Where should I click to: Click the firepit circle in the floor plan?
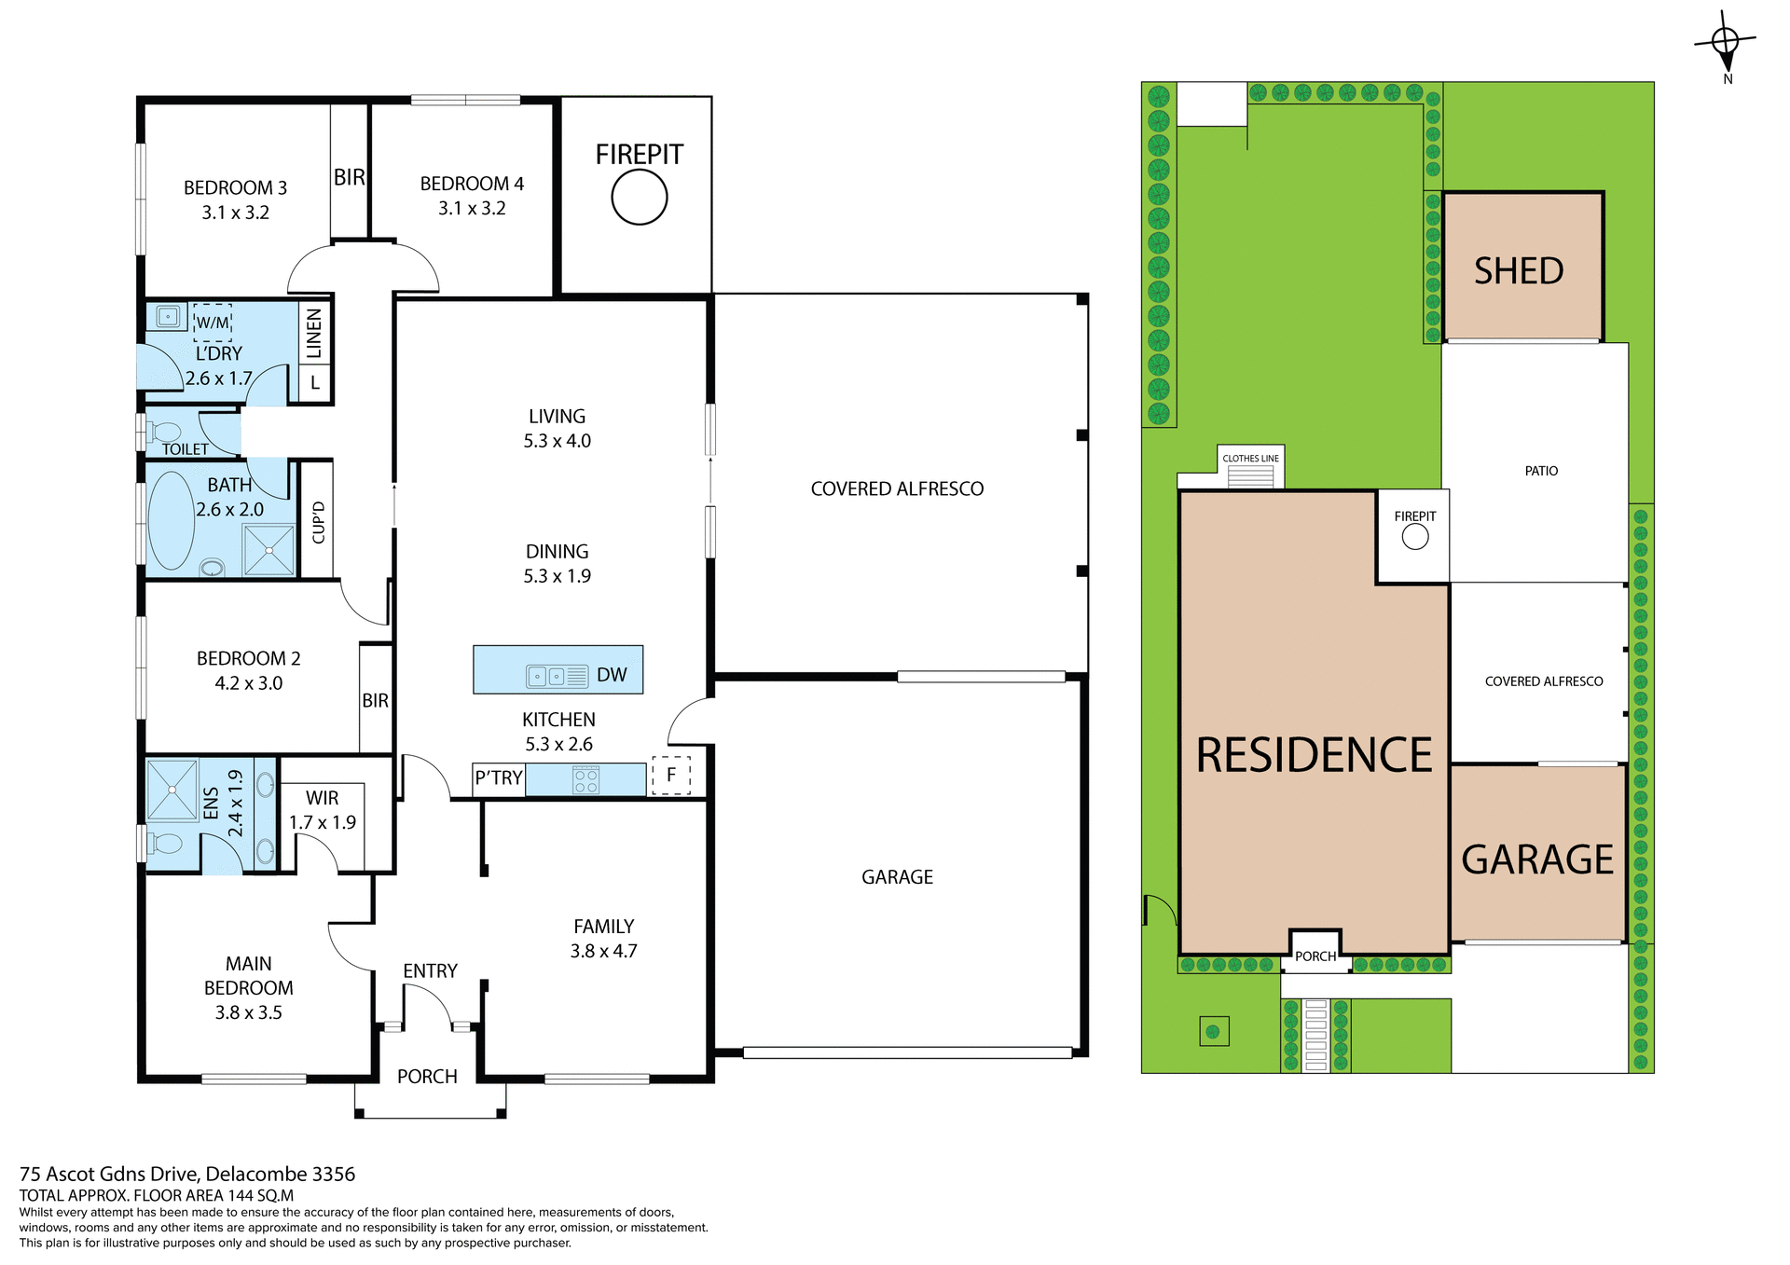pos(640,198)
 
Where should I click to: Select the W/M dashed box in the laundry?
pos(212,322)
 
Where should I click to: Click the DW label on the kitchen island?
pos(612,675)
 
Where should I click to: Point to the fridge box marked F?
pos(671,776)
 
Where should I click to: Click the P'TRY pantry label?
pos(499,777)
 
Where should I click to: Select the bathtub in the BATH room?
pos(171,520)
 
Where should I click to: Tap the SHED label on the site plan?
pos(1519,271)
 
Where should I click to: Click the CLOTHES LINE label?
pos(1250,459)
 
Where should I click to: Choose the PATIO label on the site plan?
pos(1541,471)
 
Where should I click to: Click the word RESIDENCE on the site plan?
pos(1313,755)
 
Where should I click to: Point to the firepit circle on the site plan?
pos(1415,537)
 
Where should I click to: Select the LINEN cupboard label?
pos(314,333)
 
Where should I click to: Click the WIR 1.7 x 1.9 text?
pos(323,810)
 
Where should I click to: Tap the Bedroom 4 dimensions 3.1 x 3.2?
pos(472,209)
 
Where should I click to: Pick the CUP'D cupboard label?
pos(319,522)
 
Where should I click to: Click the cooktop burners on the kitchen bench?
pos(585,779)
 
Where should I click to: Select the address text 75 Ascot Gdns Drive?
pos(187,1174)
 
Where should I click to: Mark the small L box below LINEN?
pos(315,382)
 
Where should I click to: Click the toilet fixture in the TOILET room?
pos(164,432)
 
